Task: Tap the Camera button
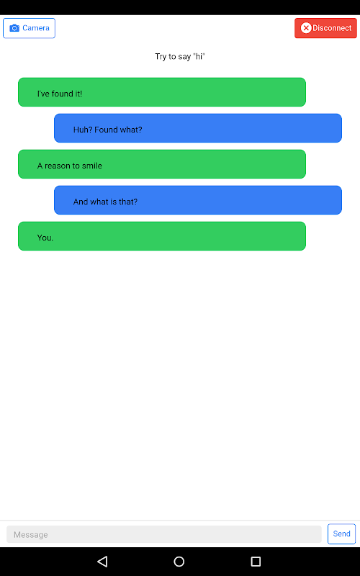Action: (x=29, y=28)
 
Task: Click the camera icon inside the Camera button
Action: (x=14, y=28)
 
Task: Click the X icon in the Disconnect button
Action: (x=306, y=28)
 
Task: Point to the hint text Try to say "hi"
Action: (x=179, y=57)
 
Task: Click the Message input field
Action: (x=164, y=534)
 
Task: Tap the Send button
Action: (x=341, y=534)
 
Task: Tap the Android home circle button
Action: (x=179, y=562)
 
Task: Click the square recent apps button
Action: (x=256, y=562)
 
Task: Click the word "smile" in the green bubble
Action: (x=92, y=166)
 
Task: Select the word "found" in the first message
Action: (x=63, y=94)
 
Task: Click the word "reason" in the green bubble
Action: (x=58, y=166)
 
